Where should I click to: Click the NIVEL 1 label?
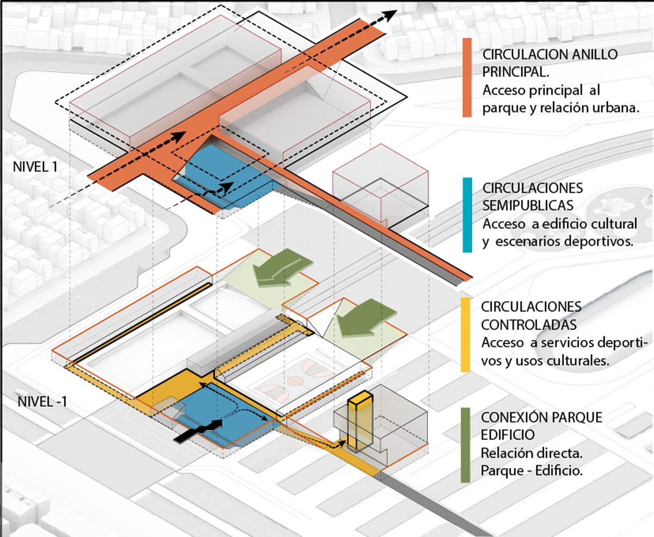[35, 166]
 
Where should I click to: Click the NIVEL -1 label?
[42, 401]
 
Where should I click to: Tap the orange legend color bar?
[467, 77]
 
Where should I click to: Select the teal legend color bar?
[467, 215]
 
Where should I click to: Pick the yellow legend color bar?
[466, 334]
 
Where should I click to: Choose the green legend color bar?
[466, 445]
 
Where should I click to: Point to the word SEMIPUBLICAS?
[528, 206]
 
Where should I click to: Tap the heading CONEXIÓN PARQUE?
[541, 417]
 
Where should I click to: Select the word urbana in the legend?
[618, 108]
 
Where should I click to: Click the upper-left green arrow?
[282, 268]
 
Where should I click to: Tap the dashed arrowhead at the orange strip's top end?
[390, 15]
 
